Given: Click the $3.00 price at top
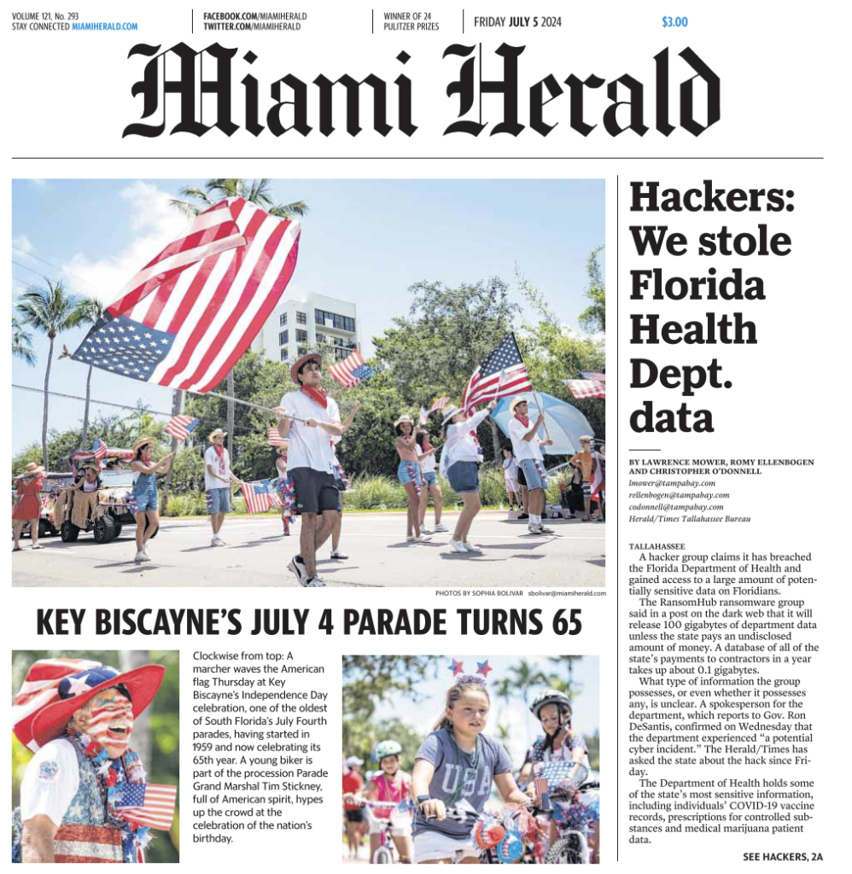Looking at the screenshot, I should [x=674, y=22].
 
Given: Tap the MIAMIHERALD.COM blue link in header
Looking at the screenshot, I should [x=104, y=26].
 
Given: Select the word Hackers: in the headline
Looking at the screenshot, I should [x=711, y=198].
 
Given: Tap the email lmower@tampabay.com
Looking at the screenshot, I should [x=672, y=482].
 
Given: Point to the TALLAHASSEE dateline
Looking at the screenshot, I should [x=657, y=545].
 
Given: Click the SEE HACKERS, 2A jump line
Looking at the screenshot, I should [x=783, y=856].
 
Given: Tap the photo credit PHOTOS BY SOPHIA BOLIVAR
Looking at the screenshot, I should [x=478, y=592].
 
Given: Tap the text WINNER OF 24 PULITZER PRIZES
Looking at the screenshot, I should [x=411, y=21].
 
